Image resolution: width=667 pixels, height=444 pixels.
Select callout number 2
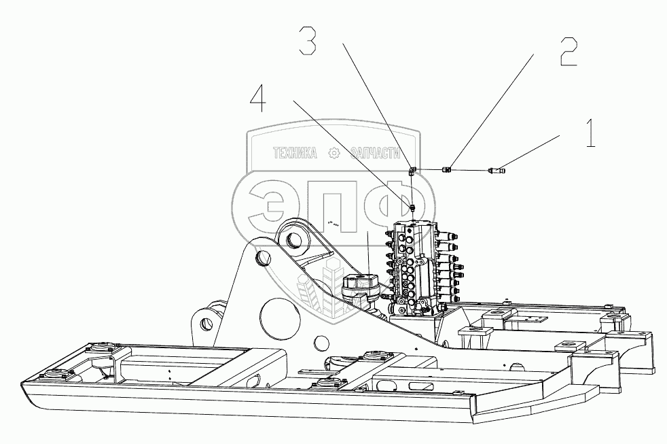(x=568, y=51)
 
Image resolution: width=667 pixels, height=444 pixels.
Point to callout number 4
(x=257, y=99)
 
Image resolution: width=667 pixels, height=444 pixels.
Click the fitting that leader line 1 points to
(x=494, y=170)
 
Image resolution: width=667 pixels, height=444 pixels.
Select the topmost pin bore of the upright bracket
(x=296, y=239)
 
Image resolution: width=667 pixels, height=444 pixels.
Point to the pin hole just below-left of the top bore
(x=262, y=258)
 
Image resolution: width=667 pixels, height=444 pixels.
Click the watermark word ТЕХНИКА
(x=295, y=154)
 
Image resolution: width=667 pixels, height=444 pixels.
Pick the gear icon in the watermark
(x=333, y=154)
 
